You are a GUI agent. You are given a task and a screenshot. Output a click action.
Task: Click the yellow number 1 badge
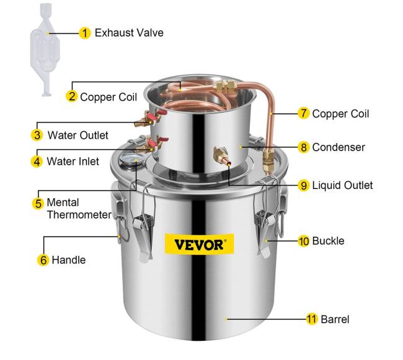click(84, 33)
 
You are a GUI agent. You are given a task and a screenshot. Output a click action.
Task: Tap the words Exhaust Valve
click(129, 33)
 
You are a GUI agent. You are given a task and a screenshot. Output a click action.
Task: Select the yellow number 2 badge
click(72, 96)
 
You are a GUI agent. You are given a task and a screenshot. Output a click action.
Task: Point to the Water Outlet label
click(78, 135)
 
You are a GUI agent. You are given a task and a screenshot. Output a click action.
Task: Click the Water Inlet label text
click(73, 162)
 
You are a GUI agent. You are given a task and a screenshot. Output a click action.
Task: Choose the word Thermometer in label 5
click(79, 215)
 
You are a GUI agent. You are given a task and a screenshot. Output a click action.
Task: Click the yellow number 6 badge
click(43, 260)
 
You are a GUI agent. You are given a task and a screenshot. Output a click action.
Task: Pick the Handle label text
click(69, 260)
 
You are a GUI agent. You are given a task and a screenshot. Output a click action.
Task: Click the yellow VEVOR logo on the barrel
click(200, 244)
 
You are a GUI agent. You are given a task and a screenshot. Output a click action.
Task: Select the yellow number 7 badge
click(304, 113)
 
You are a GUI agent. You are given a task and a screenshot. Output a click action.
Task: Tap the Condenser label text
click(339, 147)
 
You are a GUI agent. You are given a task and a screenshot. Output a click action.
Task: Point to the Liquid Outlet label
click(342, 185)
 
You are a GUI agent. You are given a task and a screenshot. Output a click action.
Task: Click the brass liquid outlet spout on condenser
click(221, 156)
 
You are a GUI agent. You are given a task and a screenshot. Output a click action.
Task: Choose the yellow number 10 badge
click(304, 241)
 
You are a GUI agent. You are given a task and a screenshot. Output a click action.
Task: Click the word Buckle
click(328, 241)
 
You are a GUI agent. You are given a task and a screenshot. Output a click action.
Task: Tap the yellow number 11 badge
click(311, 319)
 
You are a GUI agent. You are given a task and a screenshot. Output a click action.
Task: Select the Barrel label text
click(335, 320)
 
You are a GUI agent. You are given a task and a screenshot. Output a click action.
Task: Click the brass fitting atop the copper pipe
click(223, 86)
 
